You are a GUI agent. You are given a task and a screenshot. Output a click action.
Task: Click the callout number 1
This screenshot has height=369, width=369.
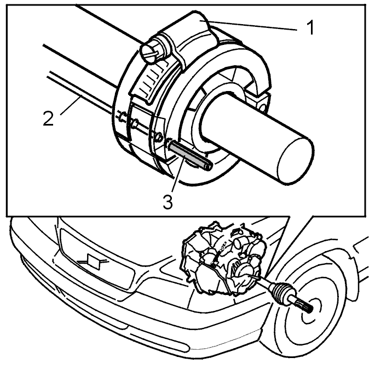(311, 27)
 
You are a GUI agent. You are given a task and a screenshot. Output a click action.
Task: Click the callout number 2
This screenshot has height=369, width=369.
(49, 118)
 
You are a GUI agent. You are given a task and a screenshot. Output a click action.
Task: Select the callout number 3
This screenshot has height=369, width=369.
(168, 202)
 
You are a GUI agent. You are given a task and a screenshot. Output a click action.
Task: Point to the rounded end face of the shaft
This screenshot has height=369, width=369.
(295, 160)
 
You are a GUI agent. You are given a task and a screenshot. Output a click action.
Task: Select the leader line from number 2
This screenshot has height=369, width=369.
(71, 105)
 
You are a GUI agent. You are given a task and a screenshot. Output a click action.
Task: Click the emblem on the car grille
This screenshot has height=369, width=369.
(94, 260)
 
